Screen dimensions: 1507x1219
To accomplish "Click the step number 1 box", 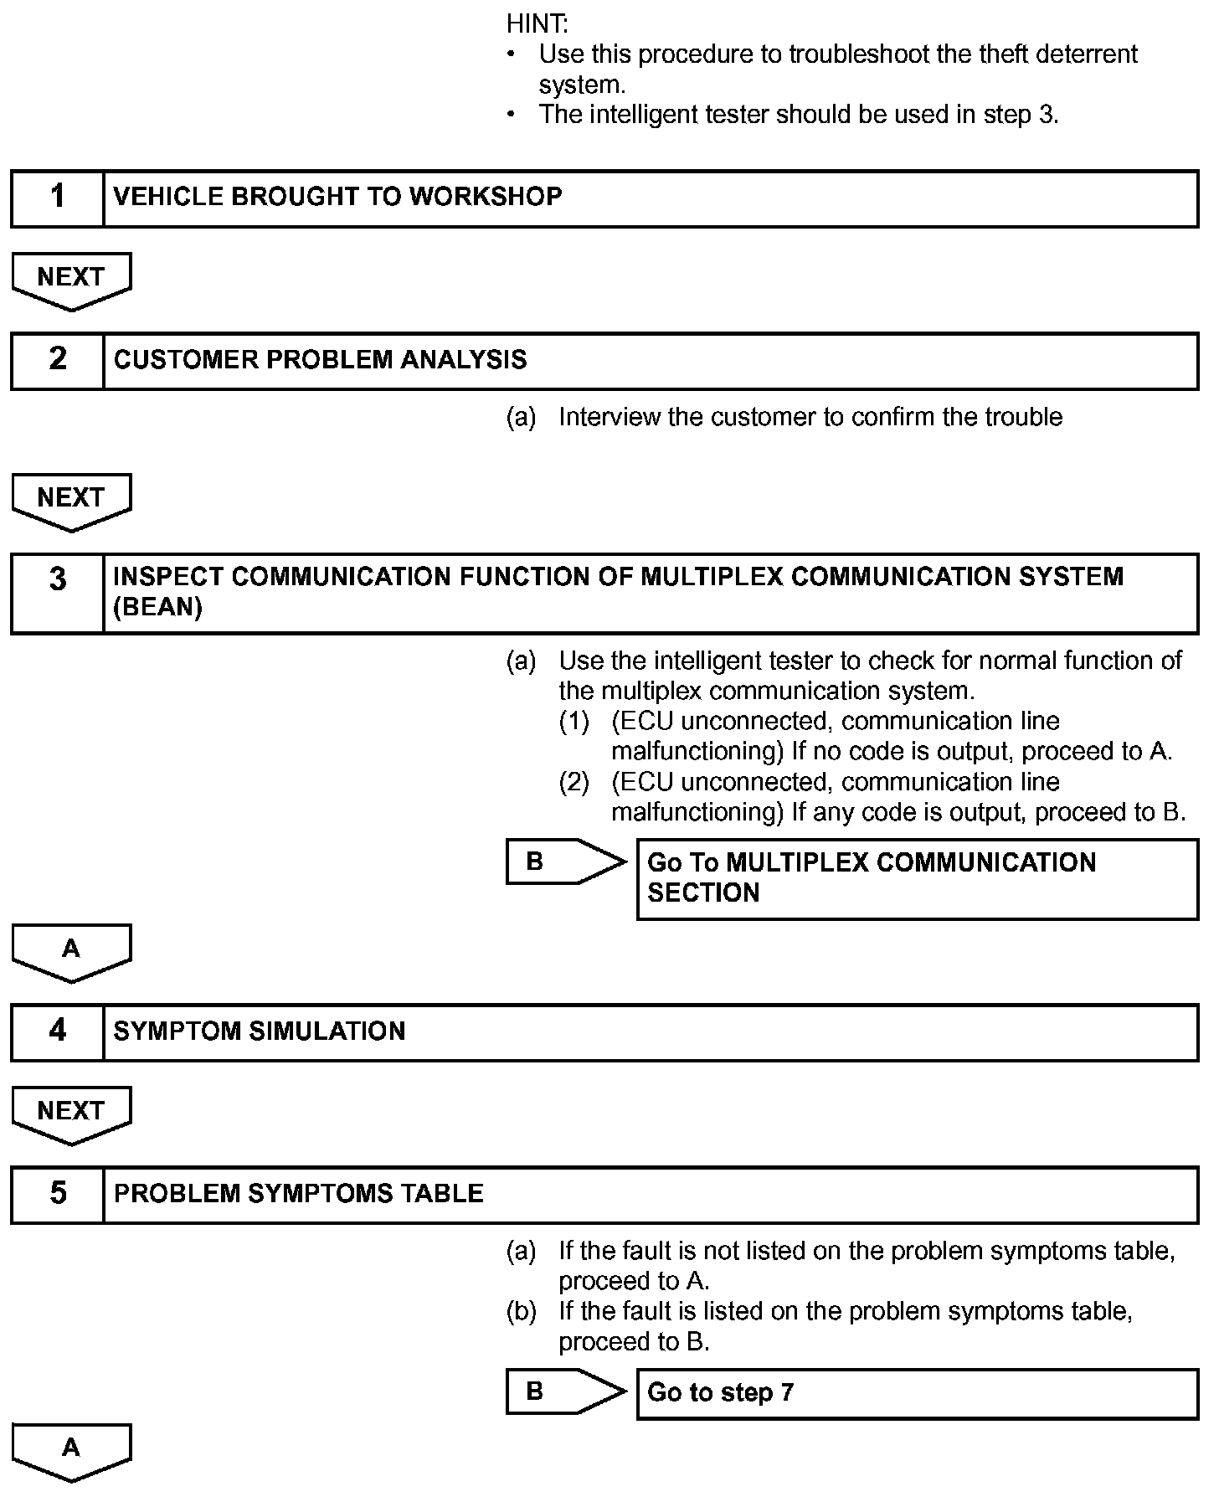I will coord(57,198).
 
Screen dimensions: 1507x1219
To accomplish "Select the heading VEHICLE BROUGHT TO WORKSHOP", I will coord(337,197).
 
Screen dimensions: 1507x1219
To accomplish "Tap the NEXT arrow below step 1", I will coord(71,280).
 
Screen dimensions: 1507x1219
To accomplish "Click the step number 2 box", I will coord(57,360).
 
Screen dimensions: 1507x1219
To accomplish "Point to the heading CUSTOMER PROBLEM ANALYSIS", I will coord(320,360).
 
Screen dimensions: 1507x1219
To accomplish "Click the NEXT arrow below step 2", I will coord(71,501).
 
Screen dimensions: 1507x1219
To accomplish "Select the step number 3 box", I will coord(57,592).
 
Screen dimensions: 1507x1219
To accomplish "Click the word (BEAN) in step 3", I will coord(158,607).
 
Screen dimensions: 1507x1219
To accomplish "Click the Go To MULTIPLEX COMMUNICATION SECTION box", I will coord(917,878).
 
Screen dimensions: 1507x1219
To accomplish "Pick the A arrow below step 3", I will coord(71,952).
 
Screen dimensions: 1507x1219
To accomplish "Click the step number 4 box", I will coord(57,1031).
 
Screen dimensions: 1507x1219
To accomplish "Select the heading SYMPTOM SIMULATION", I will coord(260,1031).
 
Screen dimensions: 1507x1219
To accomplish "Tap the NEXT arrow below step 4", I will coord(71,1114).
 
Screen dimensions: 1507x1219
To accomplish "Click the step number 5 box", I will coord(57,1194).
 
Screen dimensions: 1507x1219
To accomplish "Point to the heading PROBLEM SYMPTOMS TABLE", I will coord(299,1194).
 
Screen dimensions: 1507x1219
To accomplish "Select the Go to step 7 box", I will coord(917,1393).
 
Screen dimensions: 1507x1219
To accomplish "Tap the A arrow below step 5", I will coord(71,1451).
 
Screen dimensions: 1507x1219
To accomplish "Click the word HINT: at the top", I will coord(537,23).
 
